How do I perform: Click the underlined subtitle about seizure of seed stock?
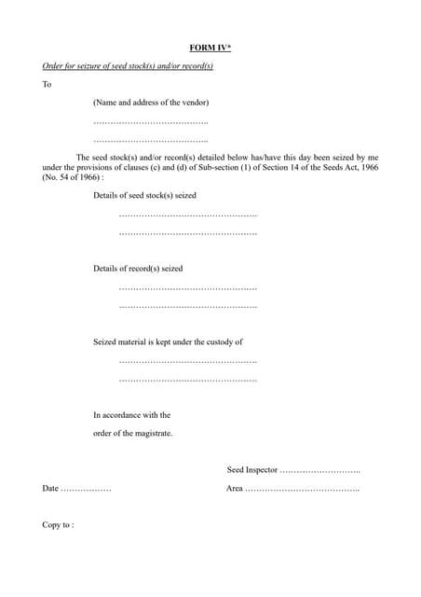click(128, 66)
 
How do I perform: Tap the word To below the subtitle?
click(47, 85)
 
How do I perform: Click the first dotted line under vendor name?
click(151, 122)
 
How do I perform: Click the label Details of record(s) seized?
click(138, 269)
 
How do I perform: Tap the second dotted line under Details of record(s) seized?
click(188, 306)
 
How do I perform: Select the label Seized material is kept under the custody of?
click(168, 342)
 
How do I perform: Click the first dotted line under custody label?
click(188, 361)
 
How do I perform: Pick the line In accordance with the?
click(131, 415)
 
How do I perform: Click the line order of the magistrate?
click(132, 434)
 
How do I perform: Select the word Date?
click(50, 489)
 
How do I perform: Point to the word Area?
click(235, 489)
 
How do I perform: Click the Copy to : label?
click(58, 525)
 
